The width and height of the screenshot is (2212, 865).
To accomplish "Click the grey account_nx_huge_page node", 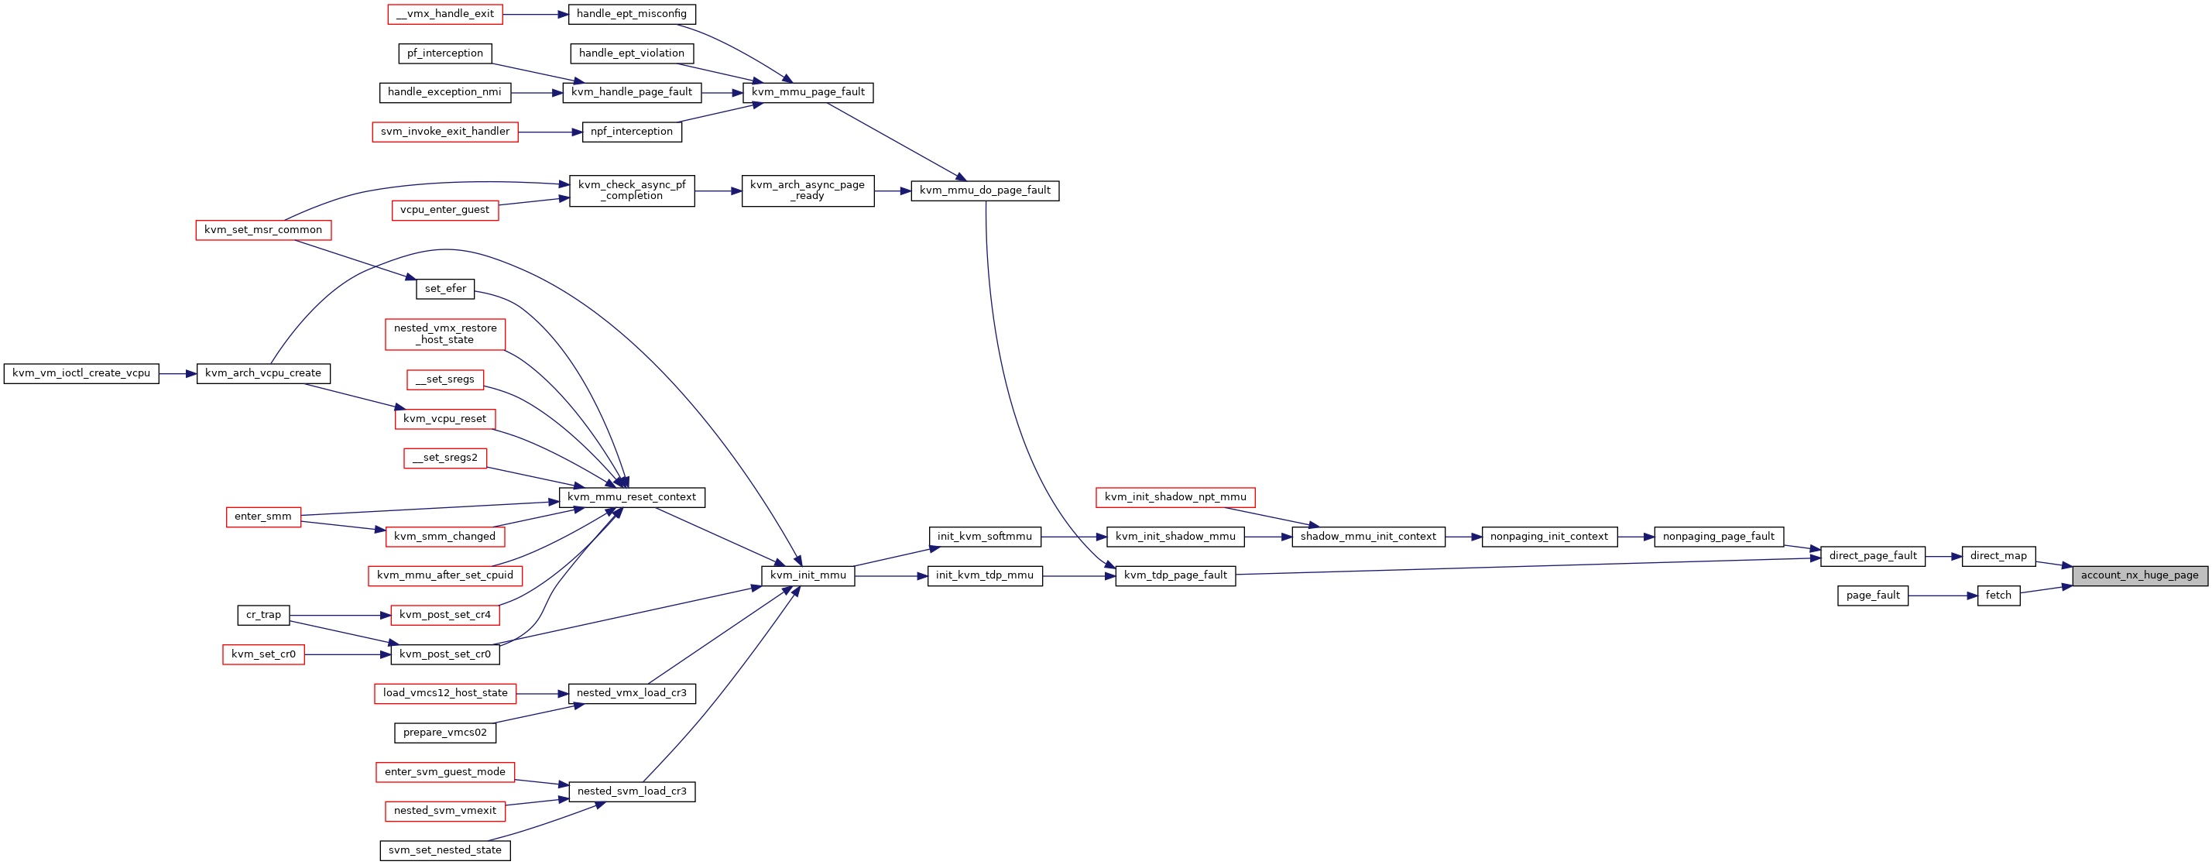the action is (x=2139, y=575).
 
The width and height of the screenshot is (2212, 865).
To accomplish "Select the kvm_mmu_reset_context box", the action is (x=632, y=497).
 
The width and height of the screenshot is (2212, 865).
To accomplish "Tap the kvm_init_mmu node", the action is (x=808, y=575).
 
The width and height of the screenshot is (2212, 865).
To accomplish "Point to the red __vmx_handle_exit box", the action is (x=445, y=14).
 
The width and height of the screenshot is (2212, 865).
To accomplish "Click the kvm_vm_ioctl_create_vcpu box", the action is (x=81, y=374).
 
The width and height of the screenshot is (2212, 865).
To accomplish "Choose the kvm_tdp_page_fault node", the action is (x=1175, y=575).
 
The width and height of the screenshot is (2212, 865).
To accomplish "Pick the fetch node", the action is (x=1998, y=596).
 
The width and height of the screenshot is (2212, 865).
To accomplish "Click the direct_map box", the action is (x=1998, y=556).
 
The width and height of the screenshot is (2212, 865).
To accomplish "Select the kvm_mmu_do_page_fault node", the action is (x=985, y=191).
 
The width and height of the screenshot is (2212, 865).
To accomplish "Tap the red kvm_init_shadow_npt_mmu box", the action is (x=1175, y=497).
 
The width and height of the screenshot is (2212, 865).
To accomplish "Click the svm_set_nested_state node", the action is (x=445, y=850).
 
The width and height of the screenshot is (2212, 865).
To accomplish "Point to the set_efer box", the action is (x=445, y=290).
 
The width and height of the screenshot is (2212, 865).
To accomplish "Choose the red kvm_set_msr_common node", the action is (x=263, y=230).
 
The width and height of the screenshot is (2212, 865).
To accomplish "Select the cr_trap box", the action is (x=263, y=615).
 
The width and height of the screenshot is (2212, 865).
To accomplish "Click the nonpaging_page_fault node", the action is (x=1718, y=537).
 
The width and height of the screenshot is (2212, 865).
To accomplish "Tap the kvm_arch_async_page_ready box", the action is (x=808, y=191).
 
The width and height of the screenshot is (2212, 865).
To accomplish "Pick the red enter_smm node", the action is (x=262, y=517).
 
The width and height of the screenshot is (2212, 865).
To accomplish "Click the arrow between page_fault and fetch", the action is (x=1943, y=596).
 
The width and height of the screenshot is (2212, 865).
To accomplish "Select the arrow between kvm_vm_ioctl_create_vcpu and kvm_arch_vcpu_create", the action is (x=178, y=374).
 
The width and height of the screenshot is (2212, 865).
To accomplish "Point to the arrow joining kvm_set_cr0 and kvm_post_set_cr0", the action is (x=348, y=654).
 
